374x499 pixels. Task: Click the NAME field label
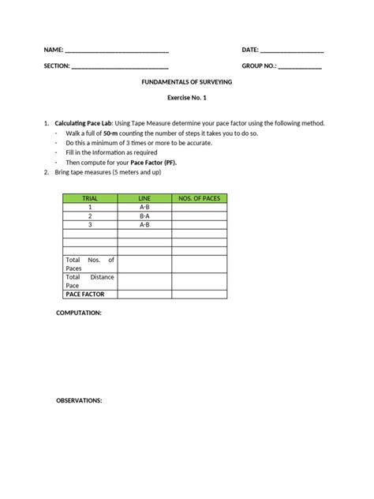(x=54, y=51)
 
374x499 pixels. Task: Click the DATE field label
(x=250, y=51)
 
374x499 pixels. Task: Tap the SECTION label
(x=57, y=66)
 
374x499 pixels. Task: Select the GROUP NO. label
(x=259, y=66)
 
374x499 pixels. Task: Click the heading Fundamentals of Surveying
(x=187, y=82)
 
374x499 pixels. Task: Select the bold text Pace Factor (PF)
(x=154, y=162)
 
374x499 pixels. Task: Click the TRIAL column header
(x=90, y=198)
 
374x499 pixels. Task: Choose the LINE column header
(x=144, y=198)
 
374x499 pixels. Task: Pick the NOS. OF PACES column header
(x=200, y=198)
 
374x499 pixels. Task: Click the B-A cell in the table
(x=144, y=216)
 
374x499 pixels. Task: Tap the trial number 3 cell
(x=90, y=224)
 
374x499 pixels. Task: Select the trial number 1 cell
(x=90, y=207)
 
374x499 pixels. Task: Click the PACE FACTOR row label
(x=84, y=294)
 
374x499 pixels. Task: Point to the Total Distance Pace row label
(x=90, y=281)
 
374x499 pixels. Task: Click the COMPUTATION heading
(x=78, y=313)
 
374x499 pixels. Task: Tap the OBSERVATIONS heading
(x=79, y=401)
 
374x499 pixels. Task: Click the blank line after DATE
(x=292, y=51)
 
